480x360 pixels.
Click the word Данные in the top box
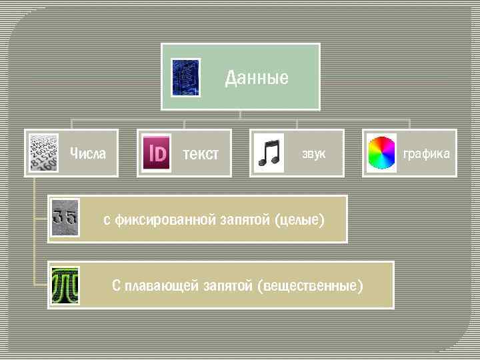tap(257, 79)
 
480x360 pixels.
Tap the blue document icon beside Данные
tap(185, 77)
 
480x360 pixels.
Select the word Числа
tap(88, 154)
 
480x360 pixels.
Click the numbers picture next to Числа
tap(44, 153)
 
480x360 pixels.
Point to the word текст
tap(201, 154)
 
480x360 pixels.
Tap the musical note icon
tap(269, 153)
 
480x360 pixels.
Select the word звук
tap(313, 154)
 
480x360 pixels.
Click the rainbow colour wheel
tap(383, 153)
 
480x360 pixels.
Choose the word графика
tap(427, 154)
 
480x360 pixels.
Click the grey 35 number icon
tap(65, 217)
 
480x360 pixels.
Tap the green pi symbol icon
tap(65, 285)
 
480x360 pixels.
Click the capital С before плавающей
tap(116, 286)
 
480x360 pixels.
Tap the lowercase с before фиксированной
tap(106, 219)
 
